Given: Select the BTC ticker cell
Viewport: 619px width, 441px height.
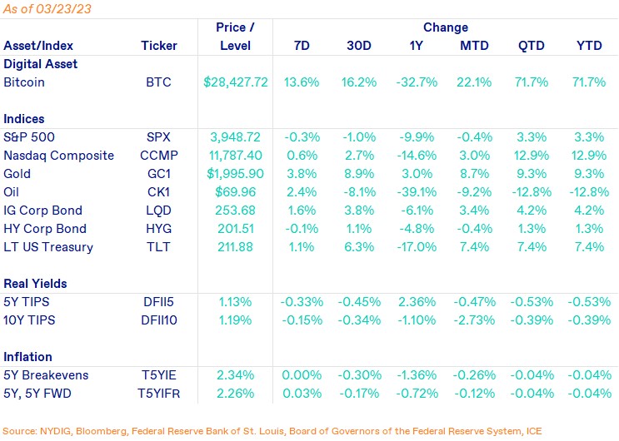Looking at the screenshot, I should (158, 82).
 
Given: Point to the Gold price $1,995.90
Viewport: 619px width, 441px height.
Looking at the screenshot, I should (237, 174).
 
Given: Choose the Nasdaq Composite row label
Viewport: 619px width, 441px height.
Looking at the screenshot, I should (57, 156).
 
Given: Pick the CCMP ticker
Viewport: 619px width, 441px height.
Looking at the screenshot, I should (159, 156).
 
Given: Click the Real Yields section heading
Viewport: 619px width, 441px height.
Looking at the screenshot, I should (35, 284).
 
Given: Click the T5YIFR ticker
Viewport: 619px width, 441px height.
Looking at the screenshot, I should (159, 394).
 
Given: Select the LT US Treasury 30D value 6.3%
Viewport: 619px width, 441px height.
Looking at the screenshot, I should (361, 247).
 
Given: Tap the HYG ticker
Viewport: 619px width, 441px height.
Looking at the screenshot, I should (158, 229).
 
